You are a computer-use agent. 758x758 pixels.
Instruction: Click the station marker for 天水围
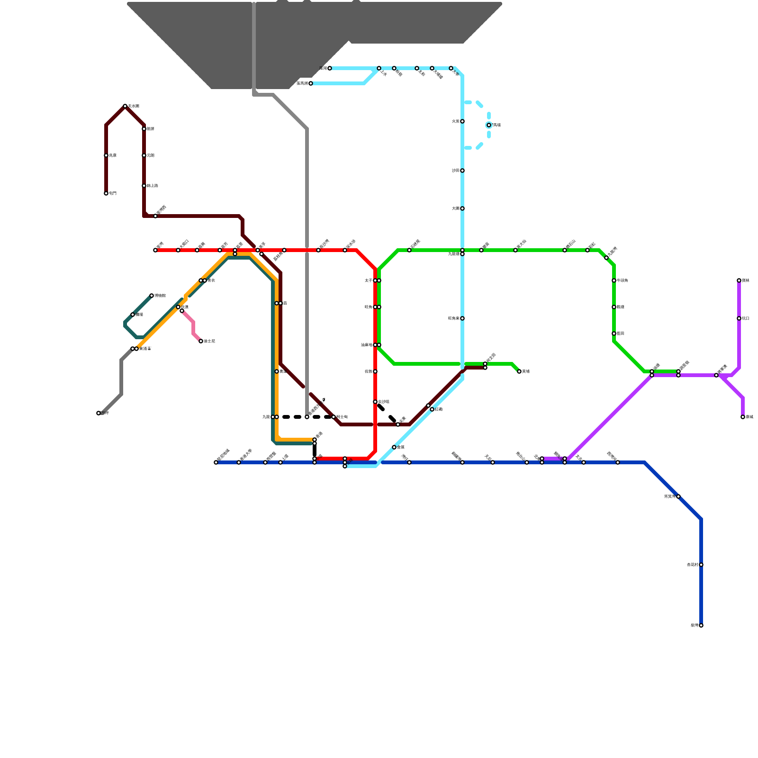coord(125,106)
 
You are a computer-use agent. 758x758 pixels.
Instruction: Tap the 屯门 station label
coord(113,193)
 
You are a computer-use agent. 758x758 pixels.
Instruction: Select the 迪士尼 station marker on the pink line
coord(201,341)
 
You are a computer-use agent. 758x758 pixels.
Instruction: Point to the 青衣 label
coord(211,280)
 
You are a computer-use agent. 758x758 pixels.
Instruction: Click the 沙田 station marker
coord(462,171)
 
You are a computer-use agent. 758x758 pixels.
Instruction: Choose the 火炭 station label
coord(455,121)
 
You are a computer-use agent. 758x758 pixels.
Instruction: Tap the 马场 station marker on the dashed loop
coord(489,125)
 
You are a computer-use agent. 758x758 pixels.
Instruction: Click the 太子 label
coord(368,280)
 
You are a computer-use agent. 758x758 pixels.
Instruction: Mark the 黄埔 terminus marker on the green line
coord(519,371)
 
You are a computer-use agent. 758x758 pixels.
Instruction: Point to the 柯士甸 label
coord(342,417)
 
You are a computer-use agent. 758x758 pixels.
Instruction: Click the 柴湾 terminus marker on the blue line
coord(701,625)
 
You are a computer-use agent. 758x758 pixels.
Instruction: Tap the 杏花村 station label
coord(692,565)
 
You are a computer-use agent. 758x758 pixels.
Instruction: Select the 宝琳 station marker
coord(739,280)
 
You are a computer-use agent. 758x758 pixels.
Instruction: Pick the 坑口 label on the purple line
coord(746,318)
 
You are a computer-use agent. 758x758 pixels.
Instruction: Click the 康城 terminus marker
coord(743,417)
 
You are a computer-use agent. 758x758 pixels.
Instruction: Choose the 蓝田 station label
coord(621,334)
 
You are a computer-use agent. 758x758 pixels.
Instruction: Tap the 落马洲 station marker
coord(311,83)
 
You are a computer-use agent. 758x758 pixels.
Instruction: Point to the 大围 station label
coord(455,208)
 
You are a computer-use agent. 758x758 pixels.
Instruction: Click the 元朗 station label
coord(151,155)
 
